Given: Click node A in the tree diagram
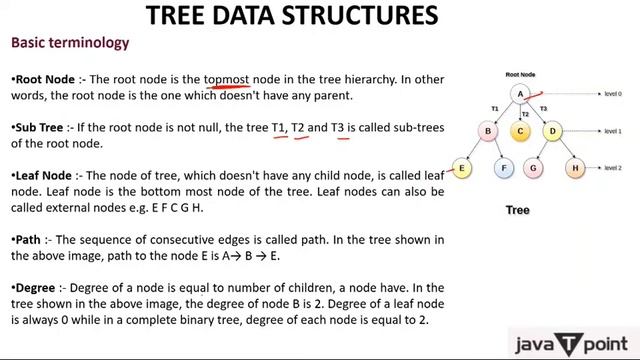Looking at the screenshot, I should point(520,94).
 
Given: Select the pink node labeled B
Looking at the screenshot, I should point(489,131).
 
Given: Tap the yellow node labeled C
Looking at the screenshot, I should point(520,131).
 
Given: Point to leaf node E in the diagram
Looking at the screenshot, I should point(462,169).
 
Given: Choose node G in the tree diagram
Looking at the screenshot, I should point(535,169).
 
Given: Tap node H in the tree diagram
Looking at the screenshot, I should point(575,169).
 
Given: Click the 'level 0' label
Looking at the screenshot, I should point(612,94).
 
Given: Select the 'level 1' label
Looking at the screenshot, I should point(612,131).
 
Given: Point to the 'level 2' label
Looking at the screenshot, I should point(612,169).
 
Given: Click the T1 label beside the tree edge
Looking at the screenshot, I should point(494,107).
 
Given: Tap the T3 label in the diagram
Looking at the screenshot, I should point(543,107).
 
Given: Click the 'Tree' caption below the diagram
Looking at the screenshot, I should point(517,210).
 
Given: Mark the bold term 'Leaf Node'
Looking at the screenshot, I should point(42,175).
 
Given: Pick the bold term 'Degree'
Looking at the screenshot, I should point(37,288).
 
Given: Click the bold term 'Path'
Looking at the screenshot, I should point(28,240).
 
